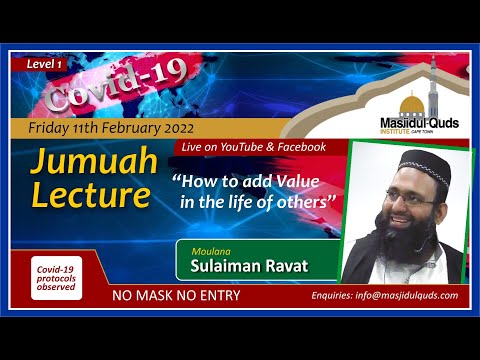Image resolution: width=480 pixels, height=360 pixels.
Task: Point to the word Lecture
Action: point(90,195)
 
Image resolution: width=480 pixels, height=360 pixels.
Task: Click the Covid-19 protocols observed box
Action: point(56,276)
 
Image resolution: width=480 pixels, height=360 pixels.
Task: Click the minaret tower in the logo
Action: point(434,85)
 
